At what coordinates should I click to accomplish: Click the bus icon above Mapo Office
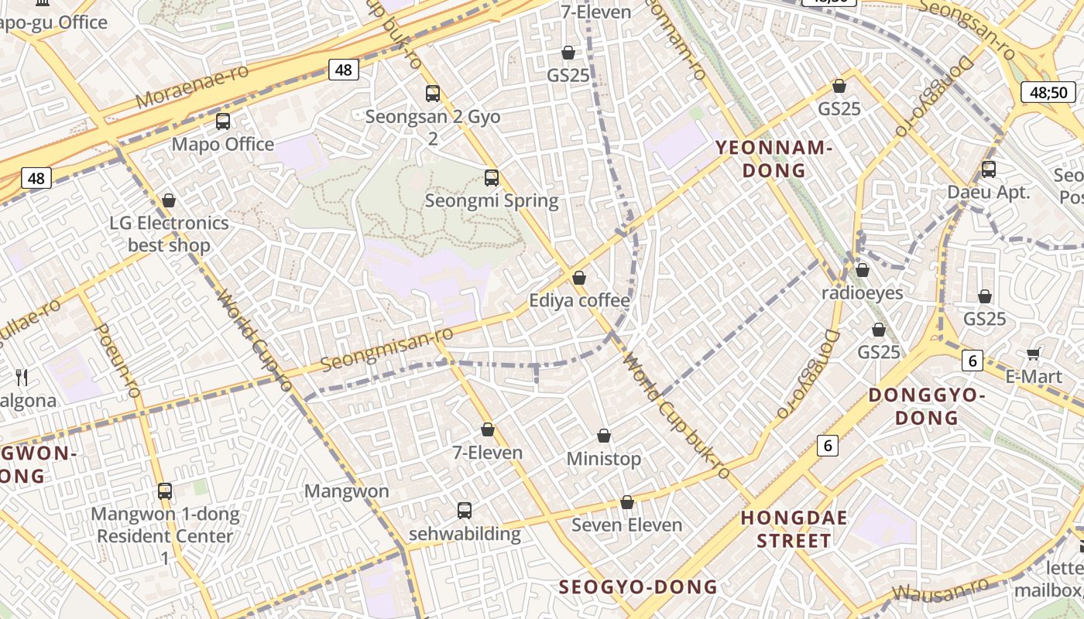[223, 121]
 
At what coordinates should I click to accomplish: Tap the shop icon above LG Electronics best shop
[169, 200]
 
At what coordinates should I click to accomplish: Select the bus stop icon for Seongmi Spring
[492, 178]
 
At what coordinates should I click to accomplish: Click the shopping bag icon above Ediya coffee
[579, 278]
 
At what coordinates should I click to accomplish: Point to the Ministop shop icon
[604, 436]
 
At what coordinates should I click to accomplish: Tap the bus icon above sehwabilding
[465, 511]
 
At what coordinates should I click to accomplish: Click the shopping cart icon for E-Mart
[1033, 354]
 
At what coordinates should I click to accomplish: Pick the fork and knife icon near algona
[22, 378]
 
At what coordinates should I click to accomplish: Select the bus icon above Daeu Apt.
[989, 169]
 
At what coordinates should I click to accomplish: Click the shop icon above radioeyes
[863, 270]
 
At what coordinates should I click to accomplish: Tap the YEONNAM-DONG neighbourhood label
[773, 159]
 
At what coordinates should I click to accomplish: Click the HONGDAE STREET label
[794, 528]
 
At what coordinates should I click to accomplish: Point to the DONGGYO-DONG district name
[927, 406]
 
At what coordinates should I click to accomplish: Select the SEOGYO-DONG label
[638, 587]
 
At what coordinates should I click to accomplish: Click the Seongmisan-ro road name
[386, 348]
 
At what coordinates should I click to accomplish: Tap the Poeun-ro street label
[116, 361]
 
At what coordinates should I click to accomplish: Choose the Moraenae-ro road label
[192, 87]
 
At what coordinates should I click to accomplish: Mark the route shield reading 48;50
[1048, 92]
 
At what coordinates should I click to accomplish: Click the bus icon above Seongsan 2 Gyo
[433, 94]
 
